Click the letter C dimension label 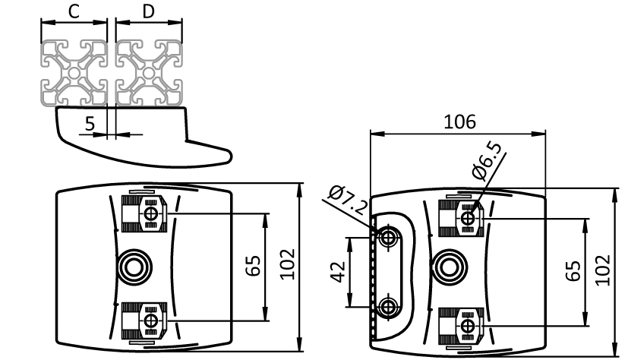pos(74,11)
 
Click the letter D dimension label pos(149,11)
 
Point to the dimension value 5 pos(90,124)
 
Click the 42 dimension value pos(338,272)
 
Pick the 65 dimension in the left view pos(254,265)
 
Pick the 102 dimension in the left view pos(288,265)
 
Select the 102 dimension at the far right pos(602,270)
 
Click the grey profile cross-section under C pos(74,72)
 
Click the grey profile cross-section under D pos(150,72)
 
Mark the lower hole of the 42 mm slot pos(390,308)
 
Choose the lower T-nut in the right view pos(465,324)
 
